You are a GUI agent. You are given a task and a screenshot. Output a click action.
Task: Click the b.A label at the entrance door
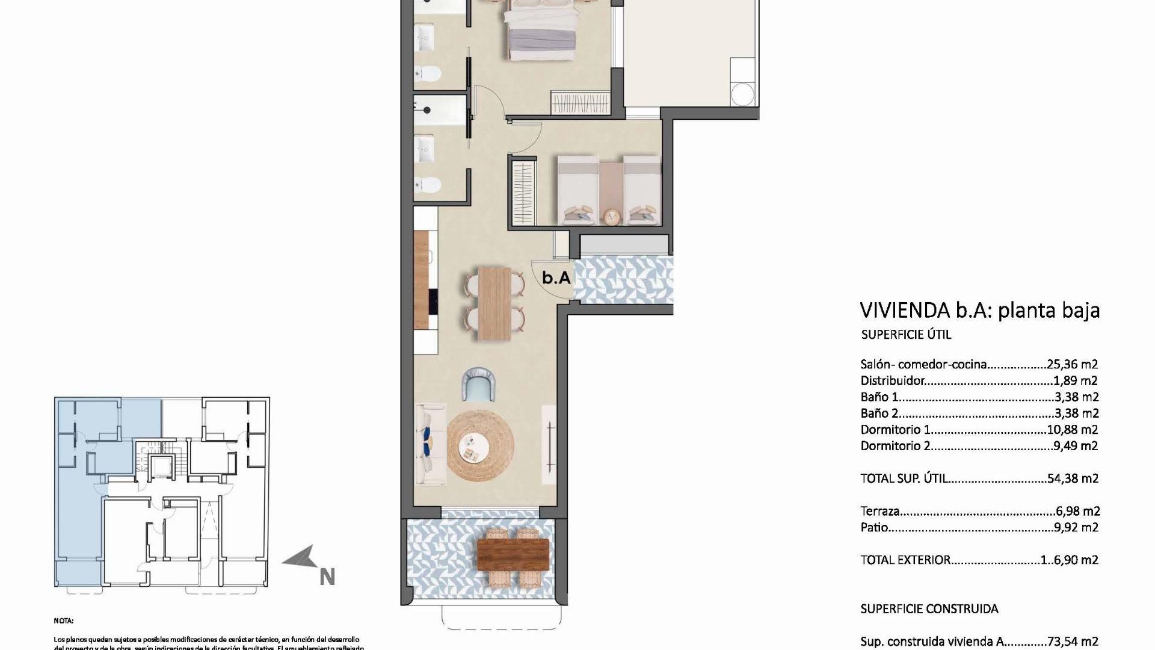click(x=556, y=278)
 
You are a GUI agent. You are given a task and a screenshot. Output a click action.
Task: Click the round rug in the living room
click(x=481, y=446)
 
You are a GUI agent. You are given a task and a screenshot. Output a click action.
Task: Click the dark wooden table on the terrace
click(x=513, y=555)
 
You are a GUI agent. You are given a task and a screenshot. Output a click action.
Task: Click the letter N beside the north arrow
click(x=327, y=577)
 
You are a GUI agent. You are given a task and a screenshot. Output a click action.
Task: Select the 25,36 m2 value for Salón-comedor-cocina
click(x=1073, y=364)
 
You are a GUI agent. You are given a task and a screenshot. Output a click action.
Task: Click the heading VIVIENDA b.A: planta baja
click(x=979, y=311)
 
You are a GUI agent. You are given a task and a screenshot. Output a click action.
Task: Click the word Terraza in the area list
click(x=879, y=512)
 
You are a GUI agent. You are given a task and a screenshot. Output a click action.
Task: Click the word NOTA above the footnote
click(x=63, y=621)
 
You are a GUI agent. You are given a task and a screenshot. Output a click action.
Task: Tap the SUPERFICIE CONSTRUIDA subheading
click(x=929, y=609)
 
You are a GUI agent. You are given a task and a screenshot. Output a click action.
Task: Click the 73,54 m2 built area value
click(x=1073, y=642)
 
